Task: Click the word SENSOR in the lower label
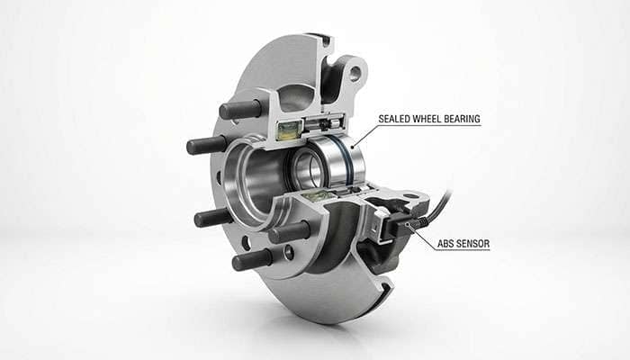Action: [x=474, y=243]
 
